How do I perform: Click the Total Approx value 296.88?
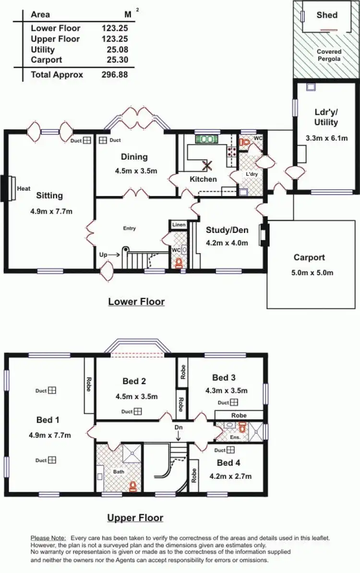pyautogui.click(x=114, y=74)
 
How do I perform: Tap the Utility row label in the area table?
pyautogui.click(x=43, y=49)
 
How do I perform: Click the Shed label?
pyautogui.click(x=327, y=15)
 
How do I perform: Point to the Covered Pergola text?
pyautogui.click(x=329, y=55)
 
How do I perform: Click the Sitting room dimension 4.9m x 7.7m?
pyautogui.click(x=49, y=210)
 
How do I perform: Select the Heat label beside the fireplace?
pyautogui.click(x=24, y=189)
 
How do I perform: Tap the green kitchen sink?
pyautogui.click(x=207, y=139)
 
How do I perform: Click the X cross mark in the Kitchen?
pyautogui.click(x=207, y=166)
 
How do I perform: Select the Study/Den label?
pyautogui.click(x=227, y=230)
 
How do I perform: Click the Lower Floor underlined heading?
pyautogui.click(x=136, y=302)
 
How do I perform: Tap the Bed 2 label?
pyautogui.click(x=134, y=381)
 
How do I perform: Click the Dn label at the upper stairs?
pyautogui.click(x=178, y=427)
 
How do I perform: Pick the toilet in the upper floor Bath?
pyautogui.click(x=133, y=487)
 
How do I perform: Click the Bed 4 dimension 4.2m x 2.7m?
pyautogui.click(x=230, y=476)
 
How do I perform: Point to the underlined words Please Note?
pyautogui.click(x=48, y=539)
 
